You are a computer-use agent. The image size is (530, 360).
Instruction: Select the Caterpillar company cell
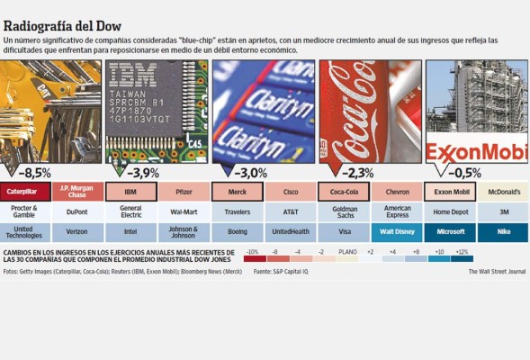point(24,192)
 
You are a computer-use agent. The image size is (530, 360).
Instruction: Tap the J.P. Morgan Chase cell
point(77,192)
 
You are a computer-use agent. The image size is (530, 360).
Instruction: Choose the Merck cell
point(238,192)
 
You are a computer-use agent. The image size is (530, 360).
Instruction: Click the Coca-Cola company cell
point(344,192)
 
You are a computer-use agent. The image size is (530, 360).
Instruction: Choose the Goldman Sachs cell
point(344,211)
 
